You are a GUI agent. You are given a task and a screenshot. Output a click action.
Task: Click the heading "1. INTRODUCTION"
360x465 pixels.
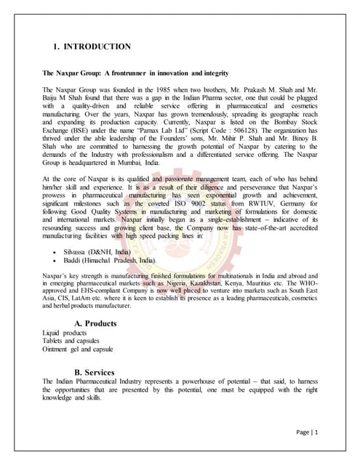[92, 46]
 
